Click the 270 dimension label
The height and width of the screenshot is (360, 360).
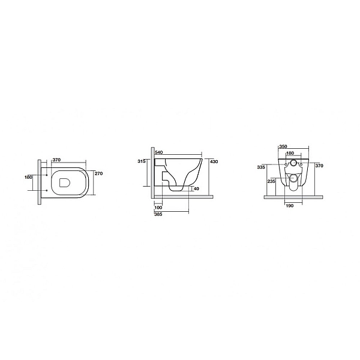(98, 173)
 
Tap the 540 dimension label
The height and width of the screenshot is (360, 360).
(159, 152)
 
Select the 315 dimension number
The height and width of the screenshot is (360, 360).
(142, 161)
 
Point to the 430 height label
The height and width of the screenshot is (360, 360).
(214, 161)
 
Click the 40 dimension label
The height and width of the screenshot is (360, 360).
(197, 189)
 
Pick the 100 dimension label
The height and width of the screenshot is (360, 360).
(158, 208)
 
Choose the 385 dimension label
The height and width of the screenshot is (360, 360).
(158, 214)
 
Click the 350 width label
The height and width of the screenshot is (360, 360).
(283, 147)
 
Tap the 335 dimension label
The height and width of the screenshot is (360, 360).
(261, 167)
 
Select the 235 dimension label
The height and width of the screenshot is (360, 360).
(271, 181)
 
